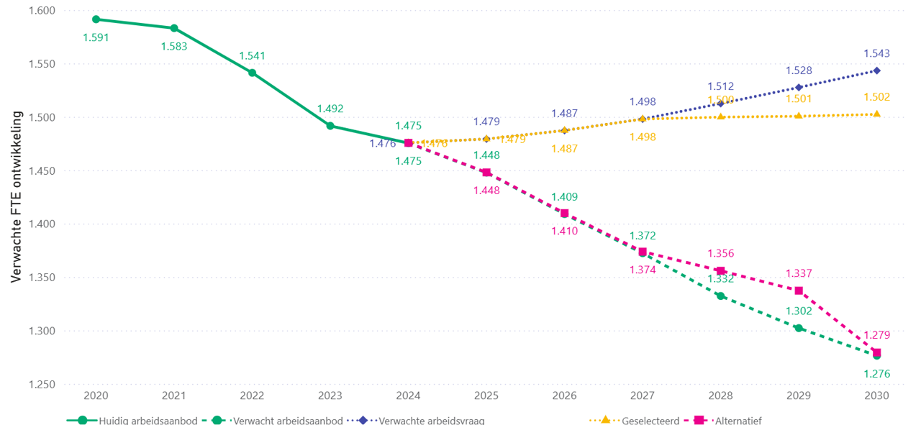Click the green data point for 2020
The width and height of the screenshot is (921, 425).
click(96, 19)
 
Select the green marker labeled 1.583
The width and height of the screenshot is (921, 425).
click(174, 28)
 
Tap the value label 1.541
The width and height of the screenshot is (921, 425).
click(252, 56)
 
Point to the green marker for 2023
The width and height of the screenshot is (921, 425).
click(330, 126)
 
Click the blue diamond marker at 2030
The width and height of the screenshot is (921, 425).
click(876, 70)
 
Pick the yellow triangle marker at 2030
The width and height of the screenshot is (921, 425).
click(876, 114)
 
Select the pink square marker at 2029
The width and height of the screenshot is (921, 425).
click(799, 291)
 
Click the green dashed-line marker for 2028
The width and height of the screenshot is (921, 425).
click(720, 296)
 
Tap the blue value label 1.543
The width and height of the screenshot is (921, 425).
click(876, 53)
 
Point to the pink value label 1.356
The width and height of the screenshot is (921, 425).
click(720, 253)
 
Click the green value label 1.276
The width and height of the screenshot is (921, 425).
click(876, 374)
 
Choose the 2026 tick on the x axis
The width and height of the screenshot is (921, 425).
click(564, 396)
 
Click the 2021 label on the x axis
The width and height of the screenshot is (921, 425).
click(174, 396)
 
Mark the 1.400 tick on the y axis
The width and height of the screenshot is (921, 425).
click(42, 224)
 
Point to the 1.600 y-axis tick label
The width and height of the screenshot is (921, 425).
click(42, 11)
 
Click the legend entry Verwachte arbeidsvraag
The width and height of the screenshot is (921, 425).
click(430, 421)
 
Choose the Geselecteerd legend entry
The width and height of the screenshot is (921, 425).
click(649, 421)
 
